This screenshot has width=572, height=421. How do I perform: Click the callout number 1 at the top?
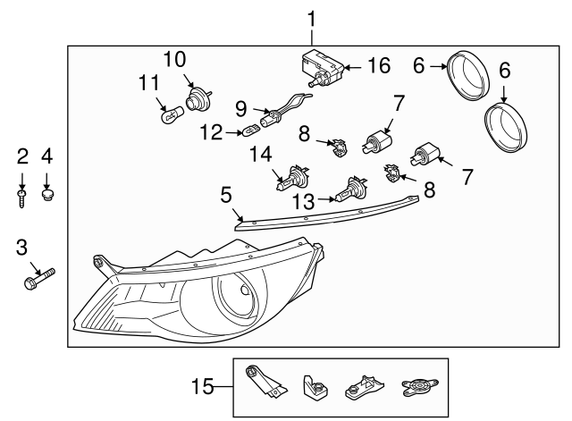(x=311, y=18)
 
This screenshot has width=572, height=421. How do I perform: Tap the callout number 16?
(x=379, y=66)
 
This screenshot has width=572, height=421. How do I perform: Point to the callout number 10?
(x=174, y=60)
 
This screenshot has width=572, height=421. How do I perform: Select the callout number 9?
(x=240, y=107)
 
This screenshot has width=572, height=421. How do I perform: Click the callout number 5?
(x=226, y=193)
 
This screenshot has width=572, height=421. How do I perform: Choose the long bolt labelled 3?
(x=39, y=281)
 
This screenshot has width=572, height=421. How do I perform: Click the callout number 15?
(x=205, y=387)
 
